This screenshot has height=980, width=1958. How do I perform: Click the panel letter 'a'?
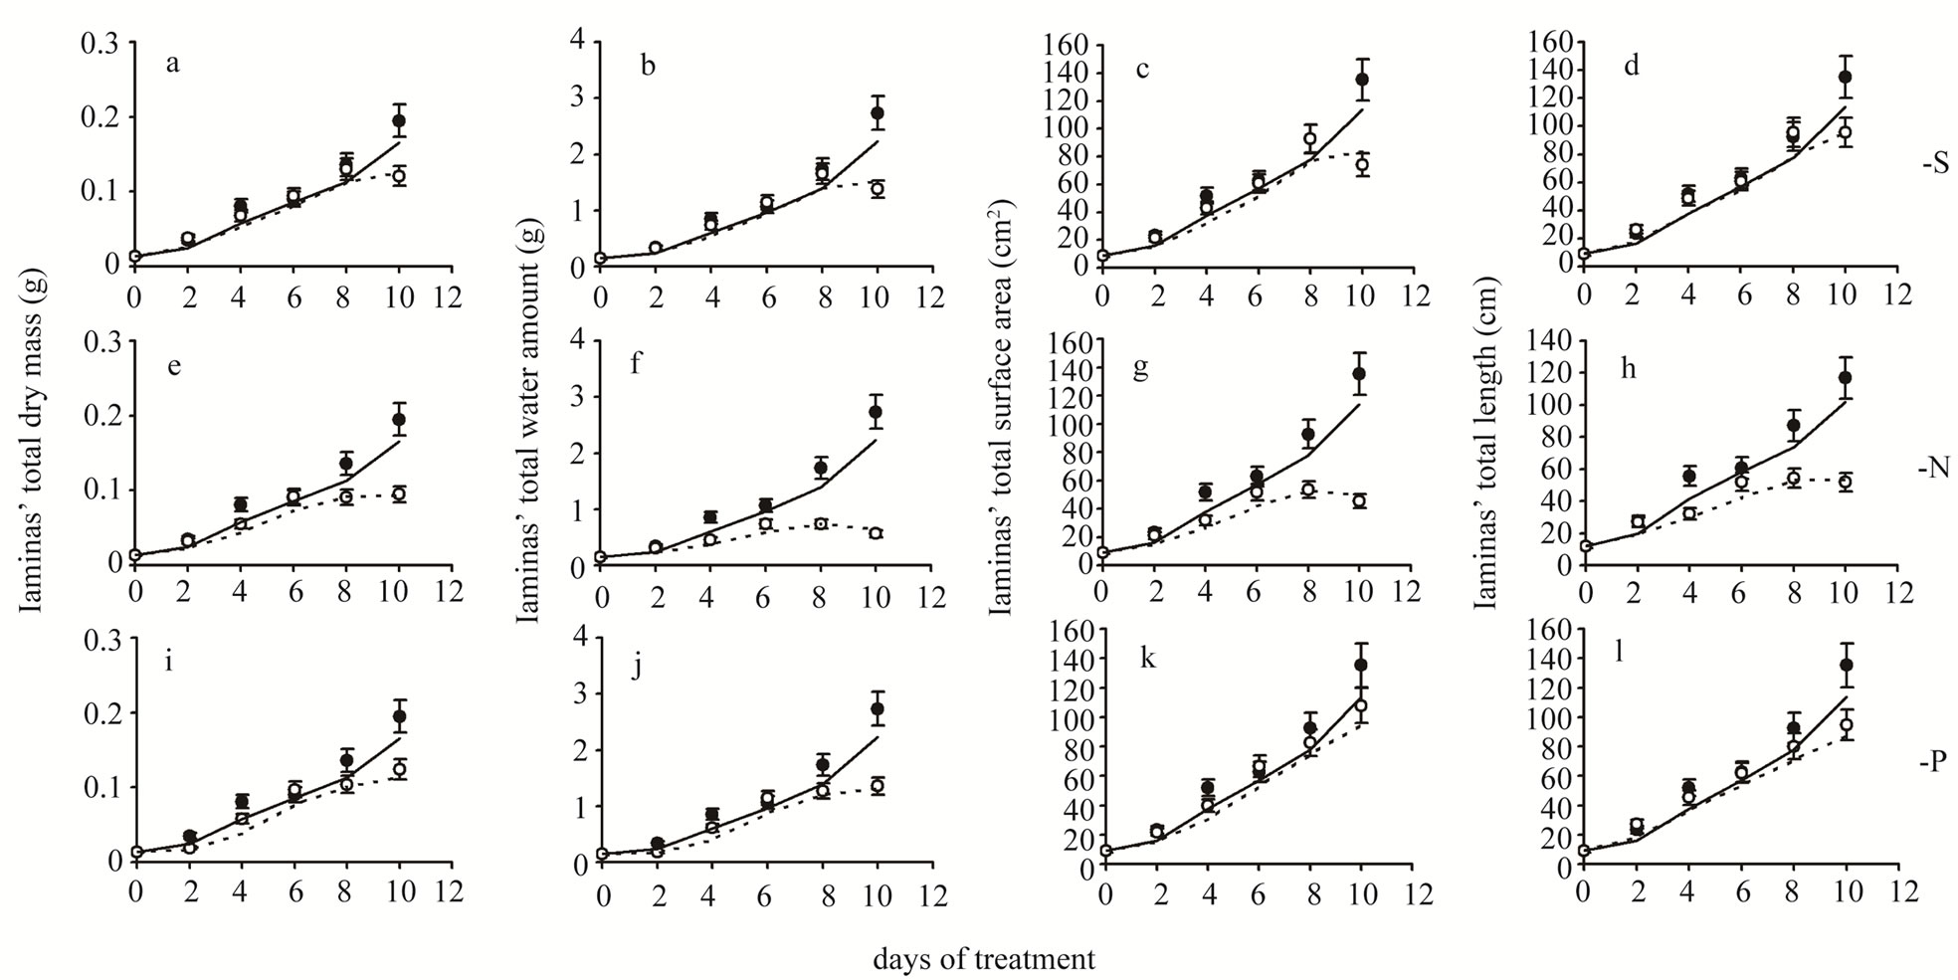tap(173, 67)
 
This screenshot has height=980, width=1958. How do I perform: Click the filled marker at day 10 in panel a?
tap(399, 120)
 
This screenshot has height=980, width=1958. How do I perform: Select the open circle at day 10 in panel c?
tap(1362, 165)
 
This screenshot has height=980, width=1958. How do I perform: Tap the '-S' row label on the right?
tap(1934, 164)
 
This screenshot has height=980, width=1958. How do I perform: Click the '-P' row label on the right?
tap(1934, 763)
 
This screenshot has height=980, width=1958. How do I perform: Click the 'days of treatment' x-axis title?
tap(984, 959)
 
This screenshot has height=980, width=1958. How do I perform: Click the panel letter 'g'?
tap(1140, 368)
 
